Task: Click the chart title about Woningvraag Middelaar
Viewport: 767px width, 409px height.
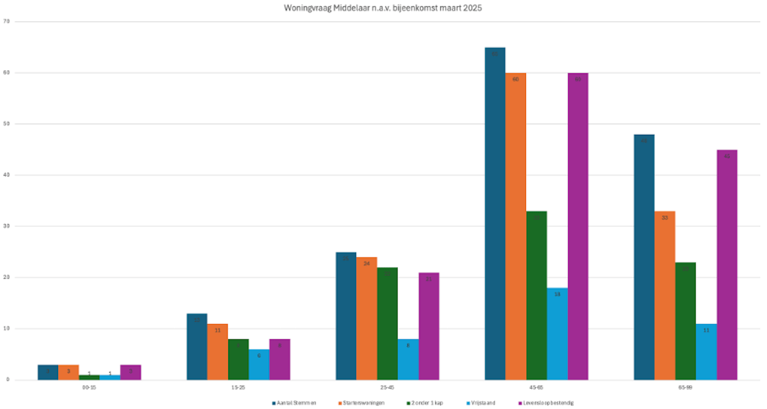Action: tap(383, 8)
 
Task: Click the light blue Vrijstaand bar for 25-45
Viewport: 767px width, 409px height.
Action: tap(408, 359)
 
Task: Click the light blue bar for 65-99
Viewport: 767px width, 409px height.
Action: tap(706, 351)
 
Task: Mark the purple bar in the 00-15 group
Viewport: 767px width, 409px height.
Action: tap(130, 372)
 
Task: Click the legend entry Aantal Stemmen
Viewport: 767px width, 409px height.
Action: tap(295, 403)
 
